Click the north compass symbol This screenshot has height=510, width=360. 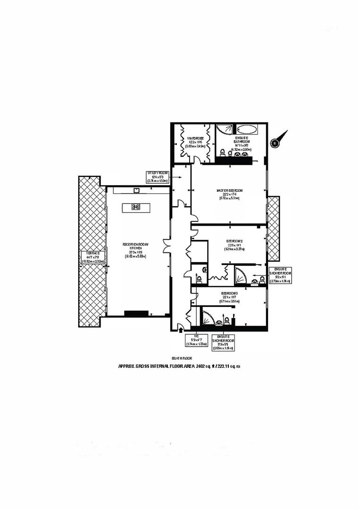coord(275,142)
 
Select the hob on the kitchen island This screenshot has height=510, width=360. coord(136,206)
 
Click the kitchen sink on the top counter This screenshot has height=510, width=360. coord(136,191)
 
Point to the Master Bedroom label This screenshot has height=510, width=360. coord(230,194)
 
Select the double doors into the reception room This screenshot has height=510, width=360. coord(167,249)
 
